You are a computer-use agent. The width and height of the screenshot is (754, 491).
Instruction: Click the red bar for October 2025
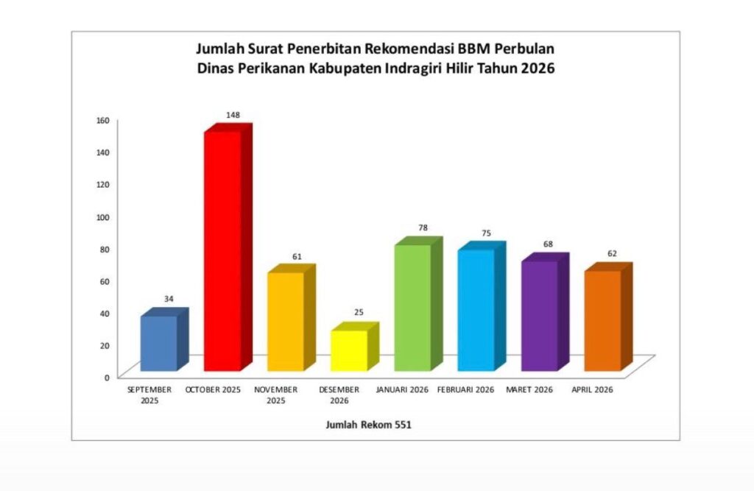coord(222,250)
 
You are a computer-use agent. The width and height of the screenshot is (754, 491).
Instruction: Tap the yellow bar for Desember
coord(348,350)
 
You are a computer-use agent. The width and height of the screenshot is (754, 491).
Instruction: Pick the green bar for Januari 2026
coord(412,307)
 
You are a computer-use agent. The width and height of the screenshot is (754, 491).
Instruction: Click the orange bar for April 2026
coord(602,320)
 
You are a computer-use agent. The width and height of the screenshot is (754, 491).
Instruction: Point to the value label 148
coord(233,115)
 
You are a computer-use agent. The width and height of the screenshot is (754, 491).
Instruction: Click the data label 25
coord(359,312)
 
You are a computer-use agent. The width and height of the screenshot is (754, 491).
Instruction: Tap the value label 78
coord(423,227)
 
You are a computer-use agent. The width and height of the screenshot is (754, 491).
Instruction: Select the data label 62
coord(612,253)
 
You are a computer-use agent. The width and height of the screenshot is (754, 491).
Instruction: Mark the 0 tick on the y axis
coord(107,377)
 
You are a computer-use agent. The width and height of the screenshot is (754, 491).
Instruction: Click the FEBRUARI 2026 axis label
coord(465,389)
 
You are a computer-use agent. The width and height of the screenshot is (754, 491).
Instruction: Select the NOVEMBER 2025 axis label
coord(276,395)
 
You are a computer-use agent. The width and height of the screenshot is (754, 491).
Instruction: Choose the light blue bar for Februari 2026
coord(475,309)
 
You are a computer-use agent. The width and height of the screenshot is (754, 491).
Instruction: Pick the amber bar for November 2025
coord(285,321)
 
